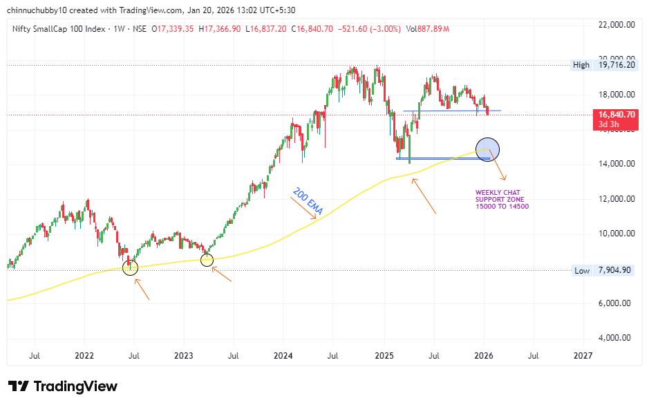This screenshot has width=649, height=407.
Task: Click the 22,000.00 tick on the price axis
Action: [x=617, y=24]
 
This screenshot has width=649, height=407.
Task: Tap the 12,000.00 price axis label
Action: [x=617, y=199]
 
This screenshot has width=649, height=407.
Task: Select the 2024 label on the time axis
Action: [x=283, y=356]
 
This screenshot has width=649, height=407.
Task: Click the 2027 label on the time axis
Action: [x=583, y=356]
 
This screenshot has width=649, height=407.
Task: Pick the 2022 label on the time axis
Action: [x=84, y=356]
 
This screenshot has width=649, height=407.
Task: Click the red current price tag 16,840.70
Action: [x=617, y=115]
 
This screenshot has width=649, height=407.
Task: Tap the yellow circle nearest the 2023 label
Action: [x=207, y=260]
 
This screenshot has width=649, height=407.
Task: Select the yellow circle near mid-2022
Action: [x=130, y=267]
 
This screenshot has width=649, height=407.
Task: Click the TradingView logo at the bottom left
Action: [x=62, y=386]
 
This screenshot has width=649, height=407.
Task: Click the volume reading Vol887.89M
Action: [x=428, y=29]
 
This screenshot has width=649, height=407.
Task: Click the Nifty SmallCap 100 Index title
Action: [x=55, y=29]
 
